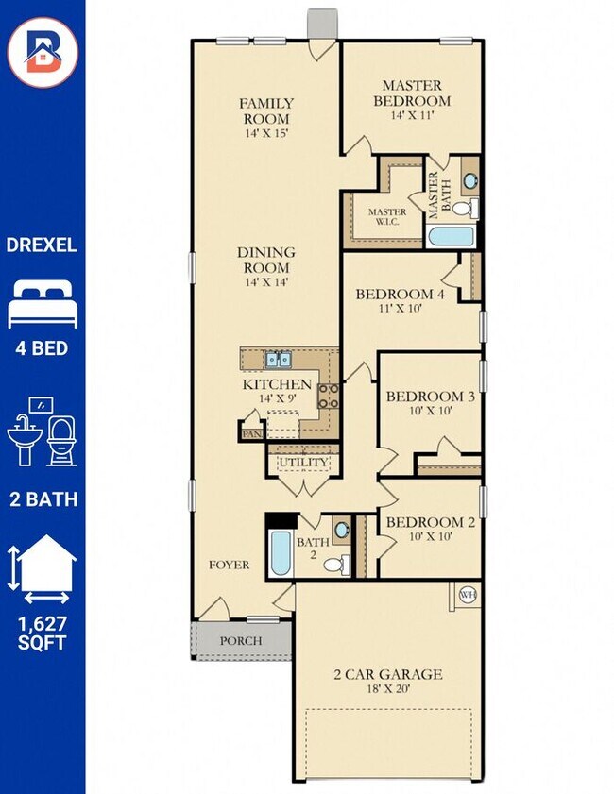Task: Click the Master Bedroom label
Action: [412, 93]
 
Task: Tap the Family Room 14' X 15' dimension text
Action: [266, 134]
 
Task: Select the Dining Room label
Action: [266, 260]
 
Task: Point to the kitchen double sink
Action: [278, 359]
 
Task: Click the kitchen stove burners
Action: [329, 396]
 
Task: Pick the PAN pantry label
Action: [252, 434]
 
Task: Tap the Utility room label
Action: [303, 463]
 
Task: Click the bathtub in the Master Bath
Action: [450, 236]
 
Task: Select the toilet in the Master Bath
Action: [465, 207]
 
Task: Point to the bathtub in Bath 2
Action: [281, 553]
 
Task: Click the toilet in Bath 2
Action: [336, 564]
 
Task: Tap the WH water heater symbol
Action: [468, 595]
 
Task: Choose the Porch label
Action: [241, 640]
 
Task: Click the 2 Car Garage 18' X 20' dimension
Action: [388, 688]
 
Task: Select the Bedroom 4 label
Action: [401, 294]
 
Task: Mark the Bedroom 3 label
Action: [431, 396]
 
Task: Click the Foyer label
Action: [229, 565]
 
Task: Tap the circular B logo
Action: [43, 52]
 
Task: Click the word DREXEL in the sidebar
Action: [42, 245]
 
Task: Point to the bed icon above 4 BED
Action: [43, 305]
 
